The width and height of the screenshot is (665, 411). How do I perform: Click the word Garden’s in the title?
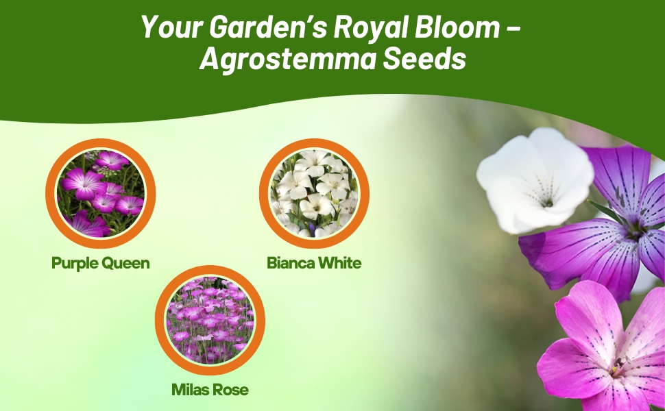(x=245, y=27)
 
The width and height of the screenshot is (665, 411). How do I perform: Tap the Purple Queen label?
(x=100, y=263)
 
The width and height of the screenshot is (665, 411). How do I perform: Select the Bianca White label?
(x=314, y=263)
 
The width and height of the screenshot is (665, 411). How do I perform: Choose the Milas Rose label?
(x=210, y=390)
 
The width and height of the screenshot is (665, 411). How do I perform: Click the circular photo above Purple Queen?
(x=101, y=193)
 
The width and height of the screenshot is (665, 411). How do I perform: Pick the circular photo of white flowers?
(x=314, y=193)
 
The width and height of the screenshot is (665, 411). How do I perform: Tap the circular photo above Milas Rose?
(x=210, y=321)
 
